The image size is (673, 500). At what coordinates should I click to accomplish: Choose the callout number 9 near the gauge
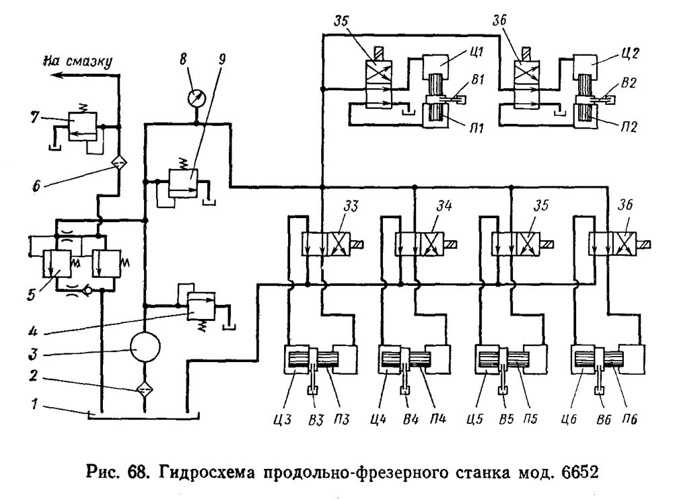[x=223, y=57]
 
